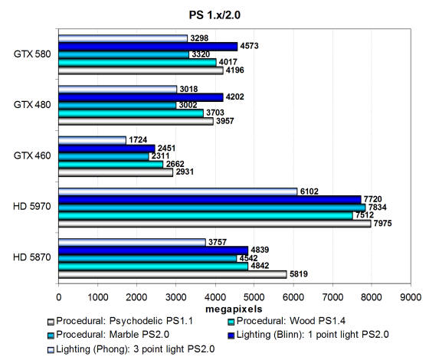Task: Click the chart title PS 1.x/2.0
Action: [215, 15]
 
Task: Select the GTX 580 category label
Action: [32, 54]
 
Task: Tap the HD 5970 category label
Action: [32, 206]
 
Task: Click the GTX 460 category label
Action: [32, 155]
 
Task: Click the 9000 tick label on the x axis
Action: [411, 297]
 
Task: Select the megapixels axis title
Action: [234, 309]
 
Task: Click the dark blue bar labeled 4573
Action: [148, 47]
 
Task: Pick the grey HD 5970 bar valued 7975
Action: [215, 224]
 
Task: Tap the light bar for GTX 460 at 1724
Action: [92, 140]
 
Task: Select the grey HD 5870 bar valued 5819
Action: [172, 274]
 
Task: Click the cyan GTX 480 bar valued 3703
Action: [131, 113]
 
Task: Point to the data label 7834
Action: [378, 207]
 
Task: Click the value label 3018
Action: [188, 89]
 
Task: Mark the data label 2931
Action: [185, 172]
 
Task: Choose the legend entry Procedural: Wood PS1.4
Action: [287, 321]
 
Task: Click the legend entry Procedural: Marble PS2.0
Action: [108, 335]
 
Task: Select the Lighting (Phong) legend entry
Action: [131, 349]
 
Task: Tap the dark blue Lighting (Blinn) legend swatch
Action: [231, 335]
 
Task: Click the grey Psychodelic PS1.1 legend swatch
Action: [51, 322]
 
